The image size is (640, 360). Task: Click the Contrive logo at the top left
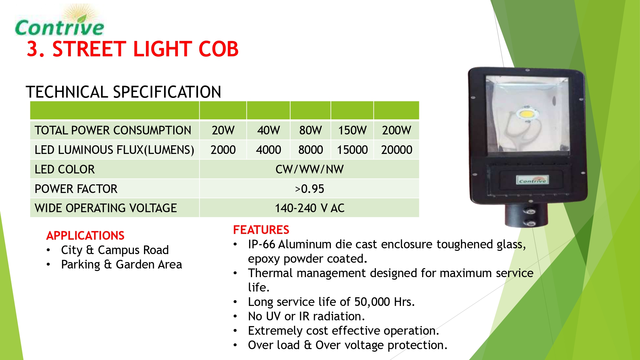[x=60, y=21]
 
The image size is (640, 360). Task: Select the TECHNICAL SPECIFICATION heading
[x=124, y=92]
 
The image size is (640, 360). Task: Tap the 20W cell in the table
[x=223, y=130]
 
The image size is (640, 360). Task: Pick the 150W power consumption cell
[x=352, y=130]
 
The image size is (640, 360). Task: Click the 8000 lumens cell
[x=310, y=150]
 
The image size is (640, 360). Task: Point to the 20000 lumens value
[x=396, y=150]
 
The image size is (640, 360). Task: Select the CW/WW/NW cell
[x=309, y=169]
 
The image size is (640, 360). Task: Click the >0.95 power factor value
[x=309, y=189]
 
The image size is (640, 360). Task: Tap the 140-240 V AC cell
[x=309, y=208]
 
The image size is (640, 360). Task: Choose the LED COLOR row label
[x=65, y=169]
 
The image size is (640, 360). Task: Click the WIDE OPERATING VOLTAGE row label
[x=106, y=208]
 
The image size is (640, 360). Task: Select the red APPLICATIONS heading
[x=85, y=236]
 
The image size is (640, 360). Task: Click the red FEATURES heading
[x=261, y=230]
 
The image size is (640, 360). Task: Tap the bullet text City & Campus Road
[x=115, y=250]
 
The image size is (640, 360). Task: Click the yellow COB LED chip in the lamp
[x=526, y=113]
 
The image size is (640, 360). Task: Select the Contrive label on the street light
[x=532, y=180]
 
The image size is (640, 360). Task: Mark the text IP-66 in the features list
[x=261, y=244]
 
